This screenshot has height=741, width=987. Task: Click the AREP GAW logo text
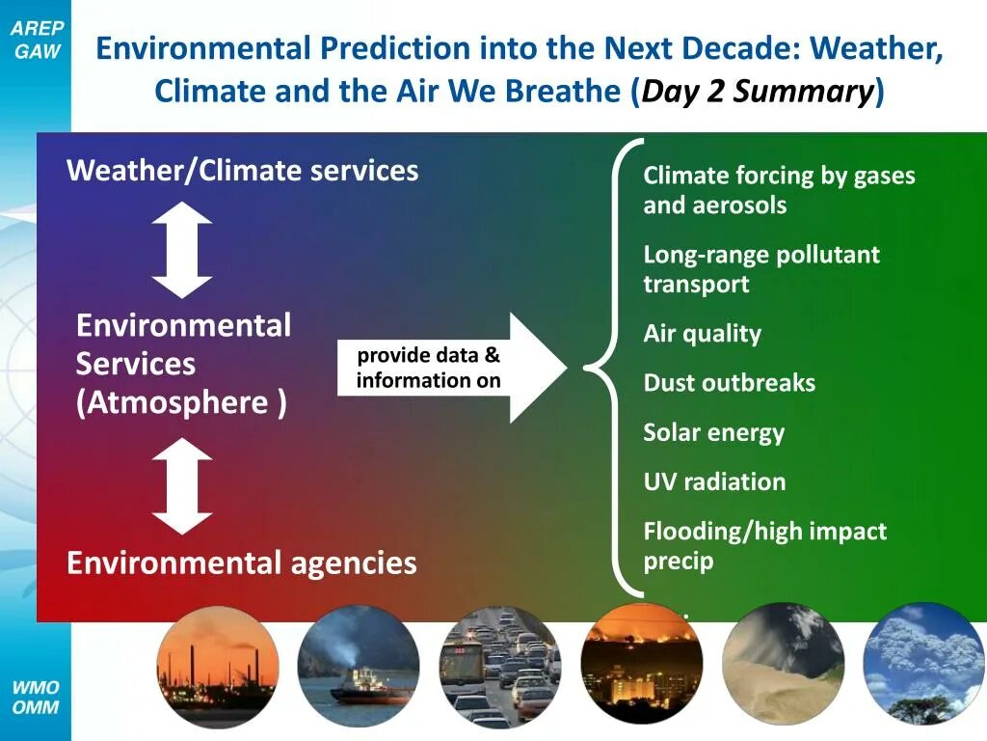[38, 39]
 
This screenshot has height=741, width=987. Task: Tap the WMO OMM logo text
[36, 697]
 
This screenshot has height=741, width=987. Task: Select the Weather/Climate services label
[242, 171]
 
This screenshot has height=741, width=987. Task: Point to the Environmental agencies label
[242, 563]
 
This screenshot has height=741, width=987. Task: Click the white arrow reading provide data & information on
[453, 368]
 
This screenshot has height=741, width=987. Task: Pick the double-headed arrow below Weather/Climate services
[182, 250]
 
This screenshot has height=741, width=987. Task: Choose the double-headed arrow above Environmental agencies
[182, 486]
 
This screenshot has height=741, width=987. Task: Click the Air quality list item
[702, 334]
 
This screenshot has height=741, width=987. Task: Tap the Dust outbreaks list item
[729, 382]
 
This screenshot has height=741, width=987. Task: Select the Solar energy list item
[714, 433]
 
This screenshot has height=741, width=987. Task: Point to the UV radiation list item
[714, 482]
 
